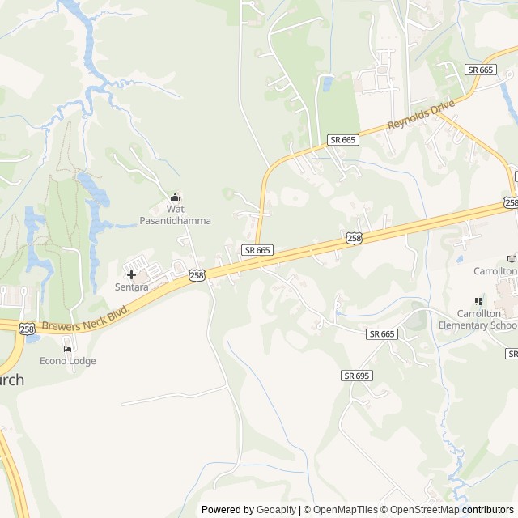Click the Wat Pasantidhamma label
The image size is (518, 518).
(x=176, y=214)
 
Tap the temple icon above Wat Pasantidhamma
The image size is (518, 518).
(x=176, y=197)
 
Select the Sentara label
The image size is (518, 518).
(x=130, y=287)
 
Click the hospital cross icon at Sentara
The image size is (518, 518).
(x=131, y=275)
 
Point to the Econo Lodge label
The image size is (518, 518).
(x=68, y=361)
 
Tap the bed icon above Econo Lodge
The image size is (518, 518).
(x=67, y=350)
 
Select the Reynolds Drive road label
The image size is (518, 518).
(x=422, y=114)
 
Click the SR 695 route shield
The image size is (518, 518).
(x=356, y=376)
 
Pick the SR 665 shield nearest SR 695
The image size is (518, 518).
(x=381, y=333)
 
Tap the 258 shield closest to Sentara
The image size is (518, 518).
(x=197, y=276)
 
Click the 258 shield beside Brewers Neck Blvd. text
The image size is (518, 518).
(x=27, y=328)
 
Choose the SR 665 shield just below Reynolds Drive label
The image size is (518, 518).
(x=343, y=140)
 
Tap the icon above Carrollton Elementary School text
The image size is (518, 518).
(x=478, y=301)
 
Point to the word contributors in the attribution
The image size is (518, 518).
(x=488, y=510)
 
